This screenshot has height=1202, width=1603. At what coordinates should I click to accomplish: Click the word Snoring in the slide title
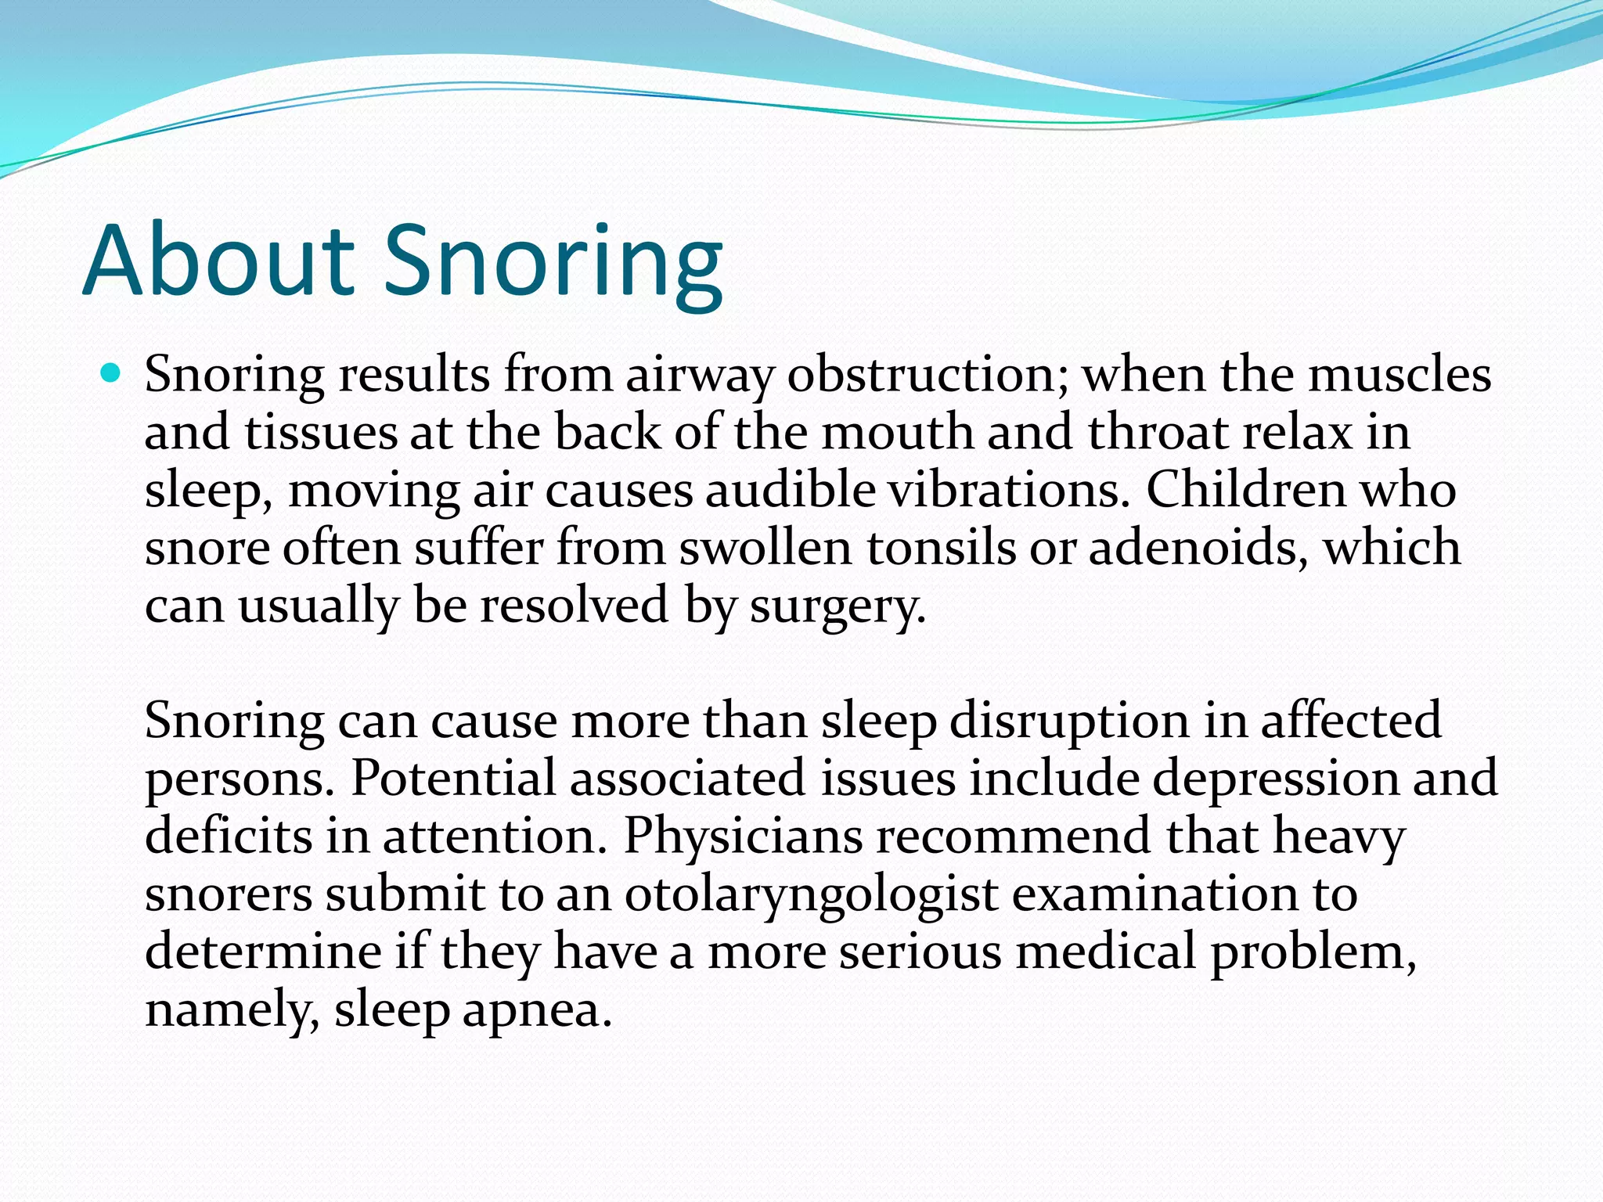553,262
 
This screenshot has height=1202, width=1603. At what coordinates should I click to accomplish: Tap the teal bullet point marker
112,373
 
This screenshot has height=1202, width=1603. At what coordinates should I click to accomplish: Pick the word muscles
1399,374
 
